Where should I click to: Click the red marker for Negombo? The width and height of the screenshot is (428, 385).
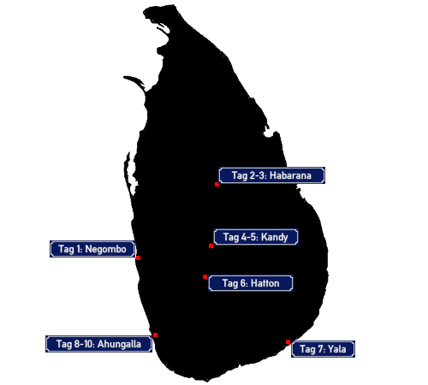[x=139, y=258]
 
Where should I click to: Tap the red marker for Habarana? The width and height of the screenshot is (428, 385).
[x=217, y=185]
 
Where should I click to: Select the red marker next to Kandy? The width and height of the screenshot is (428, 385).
[x=211, y=246]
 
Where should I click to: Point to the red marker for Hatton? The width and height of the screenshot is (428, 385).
[x=205, y=276]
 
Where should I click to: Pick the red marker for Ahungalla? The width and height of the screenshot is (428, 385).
[x=155, y=335]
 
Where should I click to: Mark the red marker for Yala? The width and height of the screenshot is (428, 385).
[x=288, y=342]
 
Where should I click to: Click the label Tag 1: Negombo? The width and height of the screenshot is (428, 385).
[x=92, y=249]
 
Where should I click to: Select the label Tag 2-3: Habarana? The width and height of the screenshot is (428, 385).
[x=271, y=175]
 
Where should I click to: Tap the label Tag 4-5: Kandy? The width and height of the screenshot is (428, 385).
[x=256, y=237]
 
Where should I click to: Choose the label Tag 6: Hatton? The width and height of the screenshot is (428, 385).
[x=251, y=283]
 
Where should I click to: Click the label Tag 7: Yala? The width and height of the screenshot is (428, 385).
[x=323, y=349]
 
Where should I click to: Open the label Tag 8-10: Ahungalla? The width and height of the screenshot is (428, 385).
[x=98, y=344]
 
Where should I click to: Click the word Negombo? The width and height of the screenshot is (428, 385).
[x=105, y=250]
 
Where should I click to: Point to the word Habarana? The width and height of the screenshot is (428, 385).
[x=290, y=175]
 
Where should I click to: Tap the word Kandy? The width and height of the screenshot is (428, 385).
[x=275, y=237]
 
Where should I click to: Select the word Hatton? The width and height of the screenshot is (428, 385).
[x=265, y=283]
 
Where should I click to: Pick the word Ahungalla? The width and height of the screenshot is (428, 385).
[x=119, y=344]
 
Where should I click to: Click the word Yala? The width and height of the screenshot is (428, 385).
[x=337, y=349]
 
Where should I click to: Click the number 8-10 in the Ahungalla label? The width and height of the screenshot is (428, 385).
[x=84, y=344]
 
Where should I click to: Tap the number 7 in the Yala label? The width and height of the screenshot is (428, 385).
[x=320, y=349]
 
